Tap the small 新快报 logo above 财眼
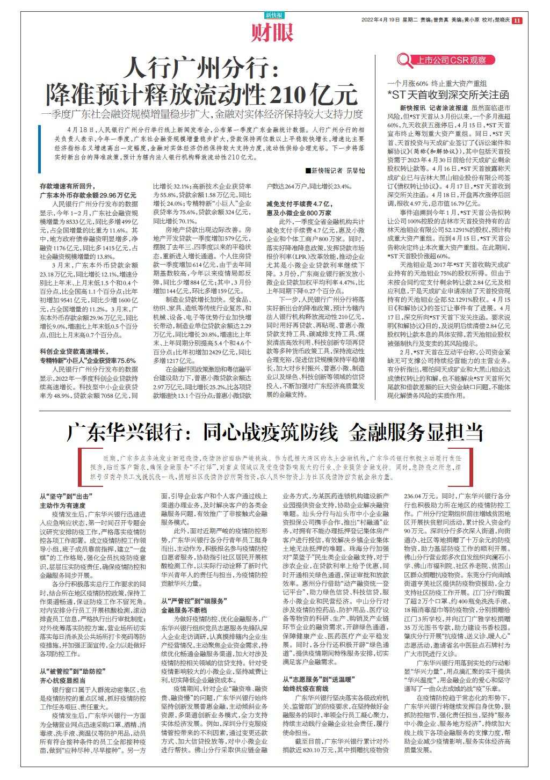(x=274, y=16)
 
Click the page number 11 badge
(x=517, y=20)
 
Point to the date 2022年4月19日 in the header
(x=381, y=20)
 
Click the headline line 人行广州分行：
(x=200, y=70)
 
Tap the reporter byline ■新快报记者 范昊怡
(x=335, y=170)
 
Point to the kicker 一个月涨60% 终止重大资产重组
(x=437, y=84)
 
